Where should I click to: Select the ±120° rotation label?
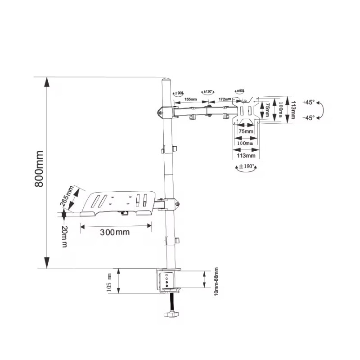(208, 92)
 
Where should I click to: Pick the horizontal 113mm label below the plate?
(246, 156)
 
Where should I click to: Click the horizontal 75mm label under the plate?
(246, 131)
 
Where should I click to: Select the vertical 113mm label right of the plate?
(293, 109)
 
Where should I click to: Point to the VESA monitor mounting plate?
(245, 109)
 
